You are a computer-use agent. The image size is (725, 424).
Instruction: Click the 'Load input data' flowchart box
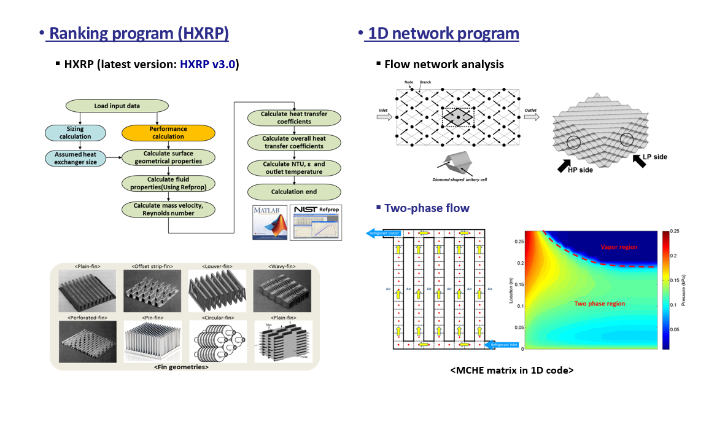point(117,106)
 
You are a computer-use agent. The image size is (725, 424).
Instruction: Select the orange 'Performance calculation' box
point(168,133)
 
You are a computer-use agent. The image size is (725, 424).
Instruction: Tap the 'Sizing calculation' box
point(75,133)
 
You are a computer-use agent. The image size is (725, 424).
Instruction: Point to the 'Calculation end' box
point(293,192)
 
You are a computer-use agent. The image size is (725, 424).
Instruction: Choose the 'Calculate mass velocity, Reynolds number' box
point(168,210)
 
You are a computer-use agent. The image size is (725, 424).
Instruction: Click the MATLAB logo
point(269,222)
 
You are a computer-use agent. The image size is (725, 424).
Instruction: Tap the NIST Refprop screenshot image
point(315,222)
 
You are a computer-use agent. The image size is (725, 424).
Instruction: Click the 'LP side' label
point(654,157)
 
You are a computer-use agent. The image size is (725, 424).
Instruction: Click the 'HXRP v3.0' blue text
point(208,64)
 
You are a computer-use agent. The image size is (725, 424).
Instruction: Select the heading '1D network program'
point(442,33)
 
